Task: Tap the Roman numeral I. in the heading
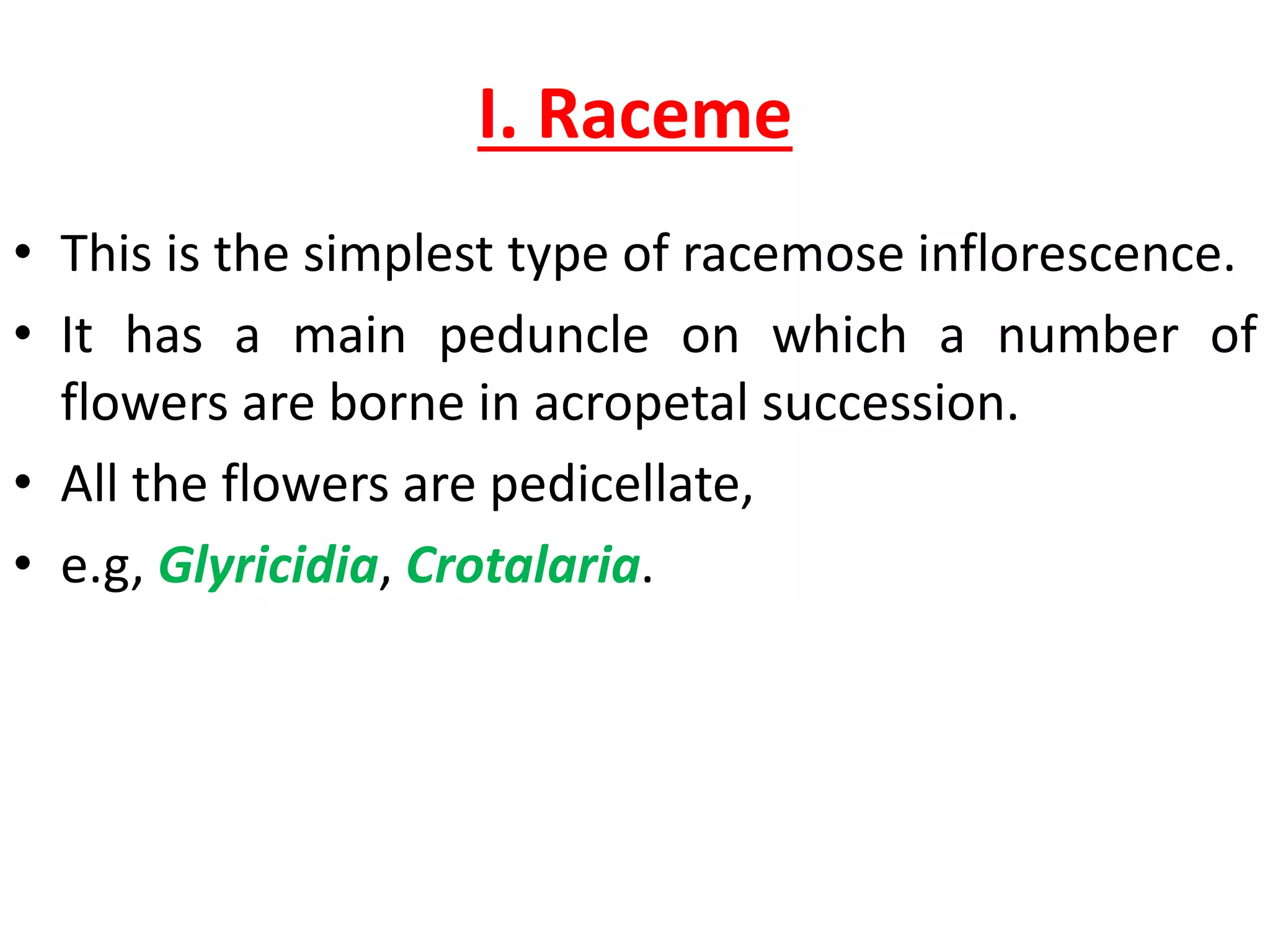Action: tap(498, 115)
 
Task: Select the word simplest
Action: tap(397, 254)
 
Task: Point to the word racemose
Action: tap(793, 254)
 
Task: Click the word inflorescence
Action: tap(1077, 254)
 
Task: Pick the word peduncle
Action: tap(544, 336)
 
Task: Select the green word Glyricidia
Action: tap(268, 566)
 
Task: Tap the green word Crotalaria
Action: tap(523, 566)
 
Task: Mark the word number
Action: tap(1088, 336)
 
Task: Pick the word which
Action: tap(839, 336)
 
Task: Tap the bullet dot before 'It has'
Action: tap(23, 334)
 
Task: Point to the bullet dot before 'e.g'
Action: tap(23, 563)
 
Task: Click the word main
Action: tap(349, 336)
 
